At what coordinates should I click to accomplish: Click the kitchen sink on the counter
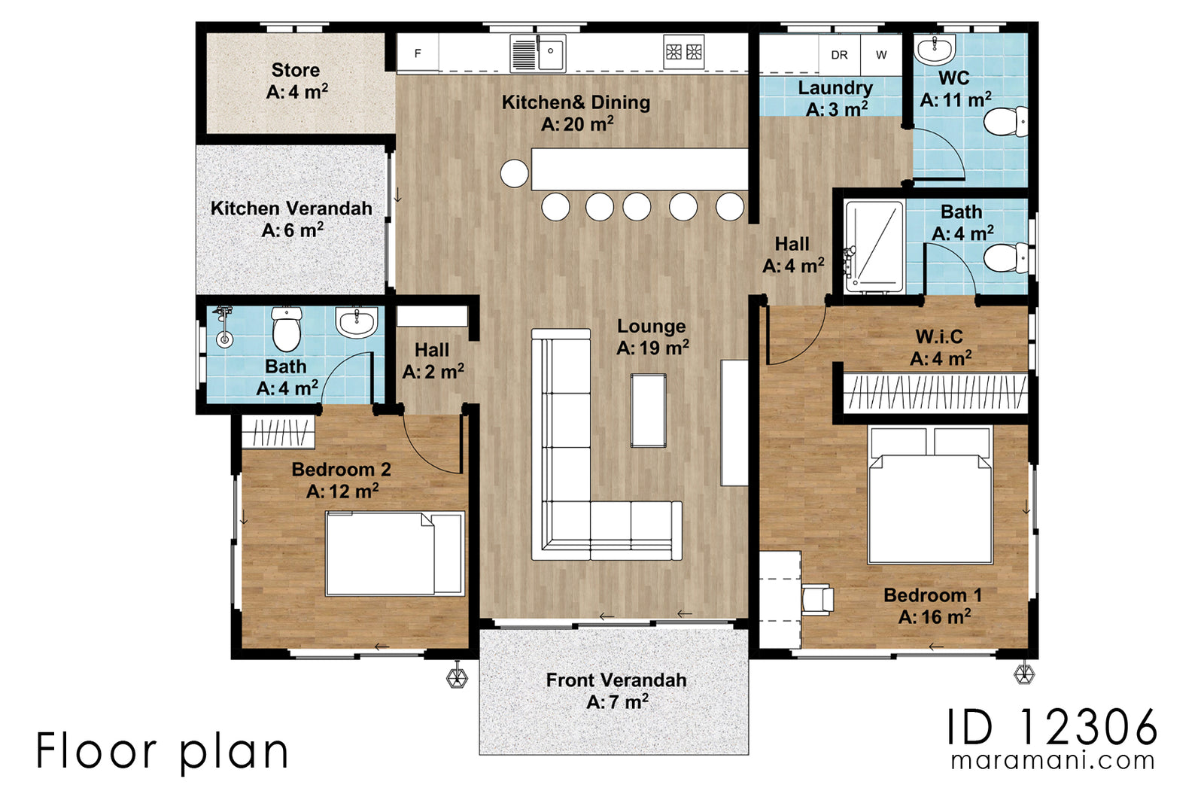(x=538, y=53)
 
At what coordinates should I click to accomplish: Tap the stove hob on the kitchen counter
(x=684, y=52)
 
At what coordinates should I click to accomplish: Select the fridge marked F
(x=418, y=53)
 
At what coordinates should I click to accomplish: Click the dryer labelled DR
(x=839, y=55)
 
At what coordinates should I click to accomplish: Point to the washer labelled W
(x=881, y=55)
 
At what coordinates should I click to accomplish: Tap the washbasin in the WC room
(x=935, y=50)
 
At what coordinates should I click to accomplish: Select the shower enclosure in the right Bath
(x=874, y=247)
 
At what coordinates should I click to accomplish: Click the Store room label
(x=296, y=81)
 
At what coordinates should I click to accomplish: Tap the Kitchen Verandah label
(x=291, y=218)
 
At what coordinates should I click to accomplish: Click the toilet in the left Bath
(x=287, y=330)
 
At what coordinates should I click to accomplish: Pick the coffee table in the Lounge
(x=648, y=411)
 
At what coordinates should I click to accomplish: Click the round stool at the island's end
(x=515, y=173)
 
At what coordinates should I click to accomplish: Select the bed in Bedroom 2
(x=394, y=554)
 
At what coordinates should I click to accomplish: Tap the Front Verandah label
(x=616, y=690)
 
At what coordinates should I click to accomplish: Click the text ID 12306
(x=1051, y=727)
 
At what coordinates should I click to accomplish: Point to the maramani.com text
(x=1052, y=761)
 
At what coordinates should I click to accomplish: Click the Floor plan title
(x=163, y=751)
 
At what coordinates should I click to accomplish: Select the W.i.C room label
(x=939, y=347)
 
